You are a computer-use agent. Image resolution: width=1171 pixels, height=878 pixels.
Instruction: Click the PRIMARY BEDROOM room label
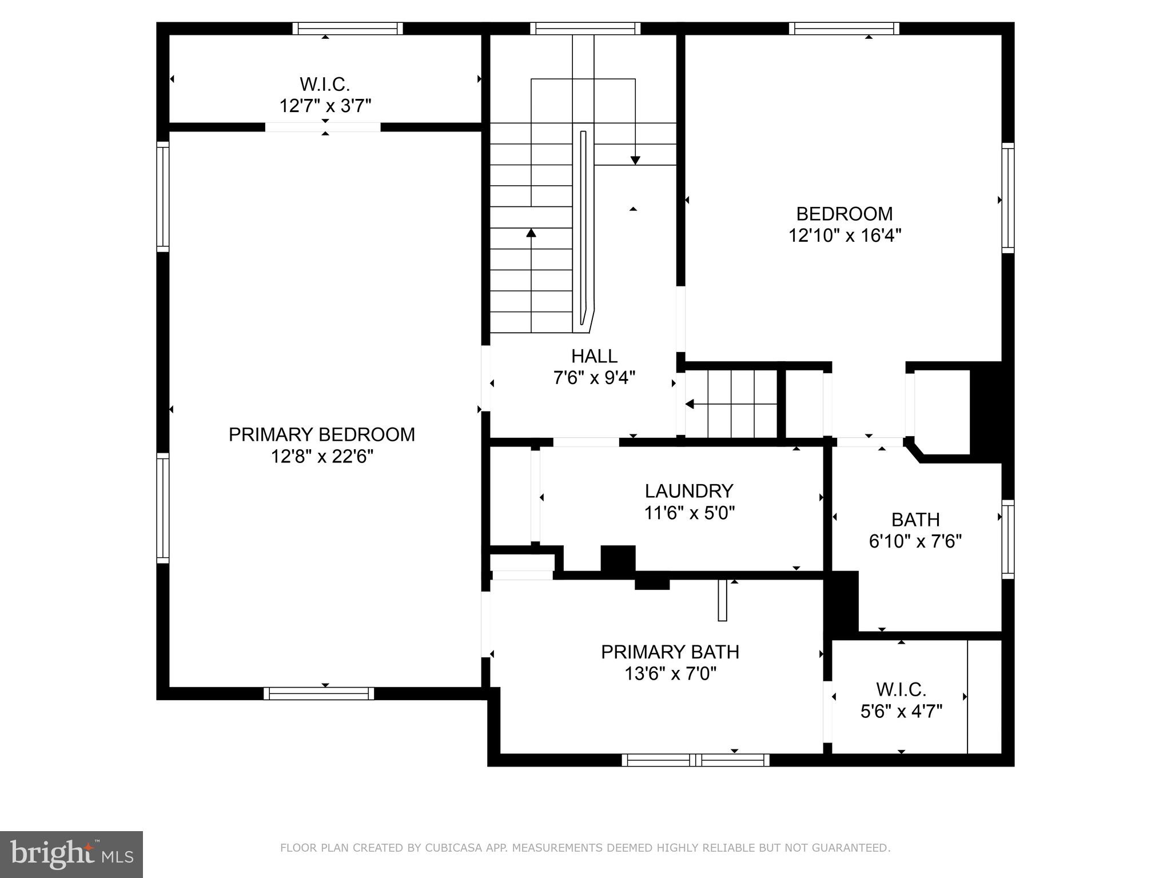click(321, 434)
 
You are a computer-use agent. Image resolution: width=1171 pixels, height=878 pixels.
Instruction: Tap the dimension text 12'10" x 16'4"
click(845, 236)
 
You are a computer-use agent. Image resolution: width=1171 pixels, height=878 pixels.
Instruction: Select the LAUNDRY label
click(688, 491)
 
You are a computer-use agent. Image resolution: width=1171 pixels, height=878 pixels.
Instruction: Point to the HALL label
click(594, 356)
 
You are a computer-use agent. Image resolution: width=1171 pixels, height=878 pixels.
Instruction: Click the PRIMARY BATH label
click(670, 652)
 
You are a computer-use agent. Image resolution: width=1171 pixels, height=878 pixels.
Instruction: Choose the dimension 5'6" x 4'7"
click(901, 711)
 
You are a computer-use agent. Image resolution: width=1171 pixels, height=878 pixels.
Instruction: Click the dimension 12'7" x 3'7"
click(325, 106)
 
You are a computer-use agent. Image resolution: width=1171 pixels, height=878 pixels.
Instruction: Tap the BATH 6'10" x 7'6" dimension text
click(915, 541)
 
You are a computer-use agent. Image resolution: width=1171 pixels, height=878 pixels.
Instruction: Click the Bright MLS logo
click(71, 854)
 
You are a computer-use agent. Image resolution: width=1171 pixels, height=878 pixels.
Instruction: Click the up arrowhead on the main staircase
click(531, 233)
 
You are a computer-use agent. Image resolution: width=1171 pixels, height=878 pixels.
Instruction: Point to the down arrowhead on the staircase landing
click(635, 161)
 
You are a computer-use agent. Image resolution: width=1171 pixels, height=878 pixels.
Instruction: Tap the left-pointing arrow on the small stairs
click(690, 404)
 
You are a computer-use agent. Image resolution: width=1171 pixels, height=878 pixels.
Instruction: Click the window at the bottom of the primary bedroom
click(318, 693)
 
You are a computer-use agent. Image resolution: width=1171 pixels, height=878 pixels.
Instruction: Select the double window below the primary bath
click(695, 760)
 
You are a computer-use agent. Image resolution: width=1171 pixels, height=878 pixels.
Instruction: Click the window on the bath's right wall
click(1008, 539)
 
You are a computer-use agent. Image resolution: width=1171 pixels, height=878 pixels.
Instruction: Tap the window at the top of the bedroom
click(843, 29)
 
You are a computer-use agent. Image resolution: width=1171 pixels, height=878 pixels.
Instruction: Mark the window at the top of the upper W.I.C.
click(347, 29)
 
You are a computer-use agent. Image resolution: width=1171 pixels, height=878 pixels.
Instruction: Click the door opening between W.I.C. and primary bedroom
click(322, 127)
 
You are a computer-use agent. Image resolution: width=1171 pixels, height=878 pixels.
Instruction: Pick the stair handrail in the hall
click(583, 229)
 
